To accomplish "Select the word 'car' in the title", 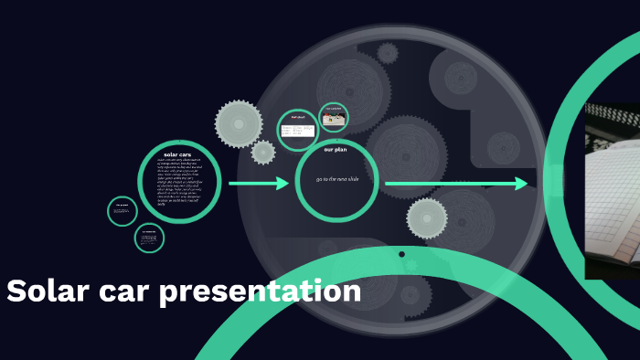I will click(x=123, y=292).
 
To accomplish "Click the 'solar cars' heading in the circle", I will click(x=177, y=154).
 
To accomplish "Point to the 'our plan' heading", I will click(x=336, y=149).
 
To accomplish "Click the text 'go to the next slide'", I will click(x=337, y=179).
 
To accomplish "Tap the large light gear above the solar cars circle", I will click(x=238, y=122).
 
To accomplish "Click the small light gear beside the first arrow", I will click(x=263, y=153).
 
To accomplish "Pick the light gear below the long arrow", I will click(x=426, y=218).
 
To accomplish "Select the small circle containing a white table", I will click(x=298, y=130).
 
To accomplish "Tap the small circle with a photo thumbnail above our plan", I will click(x=334, y=117).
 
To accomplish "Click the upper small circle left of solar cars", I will click(x=123, y=211).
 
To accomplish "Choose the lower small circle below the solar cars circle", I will click(x=149, y=238).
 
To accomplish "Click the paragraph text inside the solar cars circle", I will click(x=178, y=183).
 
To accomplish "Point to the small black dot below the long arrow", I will click(x=401, y=254).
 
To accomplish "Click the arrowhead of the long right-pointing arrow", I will click(x=522, y=184).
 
